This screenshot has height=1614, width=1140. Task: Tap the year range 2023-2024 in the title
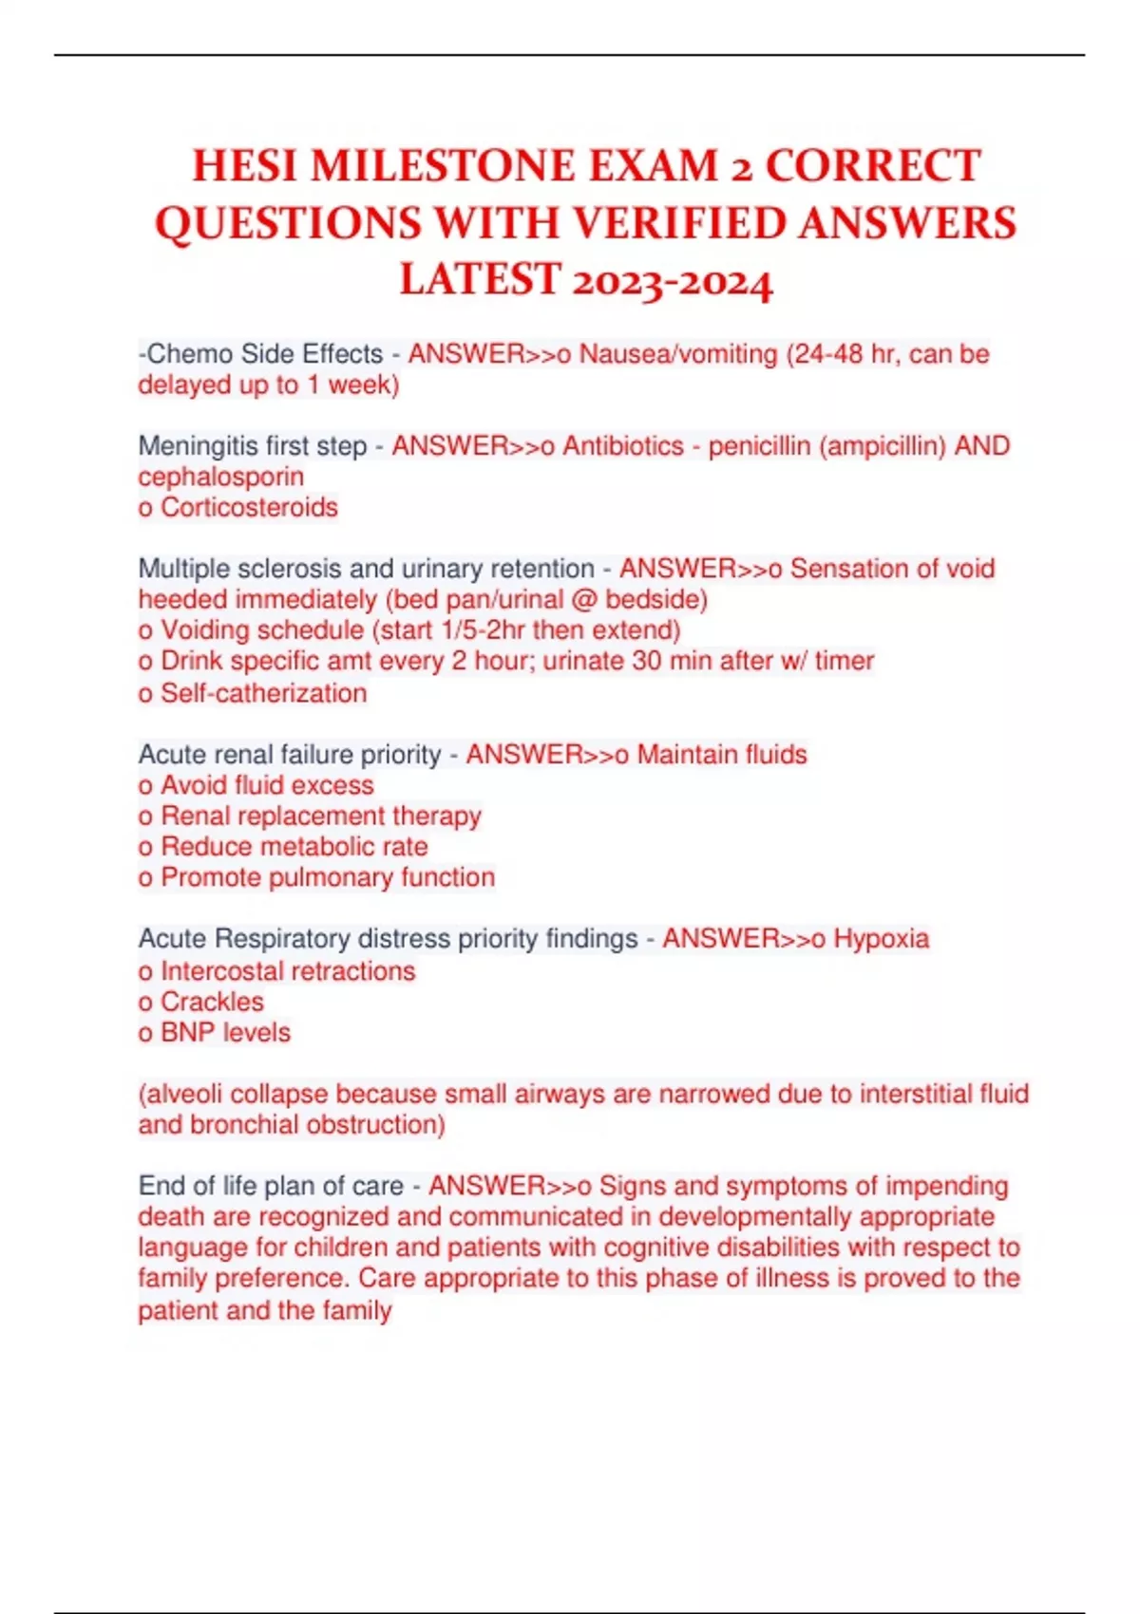point(673,282)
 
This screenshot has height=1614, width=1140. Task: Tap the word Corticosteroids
point(249,507)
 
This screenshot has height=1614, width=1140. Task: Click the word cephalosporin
point(221,477)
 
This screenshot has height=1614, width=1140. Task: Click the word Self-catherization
point(263,693)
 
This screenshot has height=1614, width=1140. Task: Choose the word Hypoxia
point(881,938)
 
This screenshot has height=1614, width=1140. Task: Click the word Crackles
point(212,1001)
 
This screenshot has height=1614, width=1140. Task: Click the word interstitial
point(918,1094)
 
